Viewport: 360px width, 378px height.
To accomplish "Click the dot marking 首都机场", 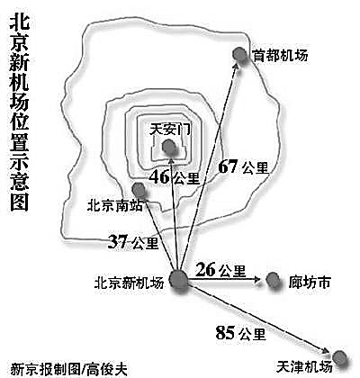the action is click(x=240, y=56).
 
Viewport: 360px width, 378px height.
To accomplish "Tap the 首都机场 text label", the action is click(x=280, y=56).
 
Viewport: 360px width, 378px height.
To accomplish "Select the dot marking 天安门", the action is click(x=169, y=148).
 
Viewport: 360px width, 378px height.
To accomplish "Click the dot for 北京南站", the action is click(x=139, y=190).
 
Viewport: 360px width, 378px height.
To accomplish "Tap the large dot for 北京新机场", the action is click(x=178, y=281).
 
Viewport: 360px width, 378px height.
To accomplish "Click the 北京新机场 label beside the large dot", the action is click(x=130, y=283).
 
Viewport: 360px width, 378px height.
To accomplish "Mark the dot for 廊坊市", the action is click(x=273, y=280).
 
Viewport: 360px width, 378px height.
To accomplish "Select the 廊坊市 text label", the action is click(x=310, y=282).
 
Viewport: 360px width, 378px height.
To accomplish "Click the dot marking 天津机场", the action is click(x=340, y=358).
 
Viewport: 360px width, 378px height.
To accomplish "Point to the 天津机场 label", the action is click(x=304, y=366).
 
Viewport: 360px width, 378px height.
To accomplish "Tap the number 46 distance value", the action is click(x=159, y=177).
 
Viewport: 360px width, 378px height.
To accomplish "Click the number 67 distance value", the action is click(x=228, y=166).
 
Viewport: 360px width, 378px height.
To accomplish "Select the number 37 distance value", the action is click(x=118, y=241).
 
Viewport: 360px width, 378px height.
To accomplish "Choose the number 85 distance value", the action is click(x=225, y=332).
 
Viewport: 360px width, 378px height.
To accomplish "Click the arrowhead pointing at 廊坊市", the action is click(x=256, y=280).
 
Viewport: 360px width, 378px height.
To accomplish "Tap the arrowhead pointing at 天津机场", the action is click(x=327, y=351).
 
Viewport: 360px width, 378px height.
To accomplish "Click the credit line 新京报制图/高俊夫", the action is click(x=68, y=369).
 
